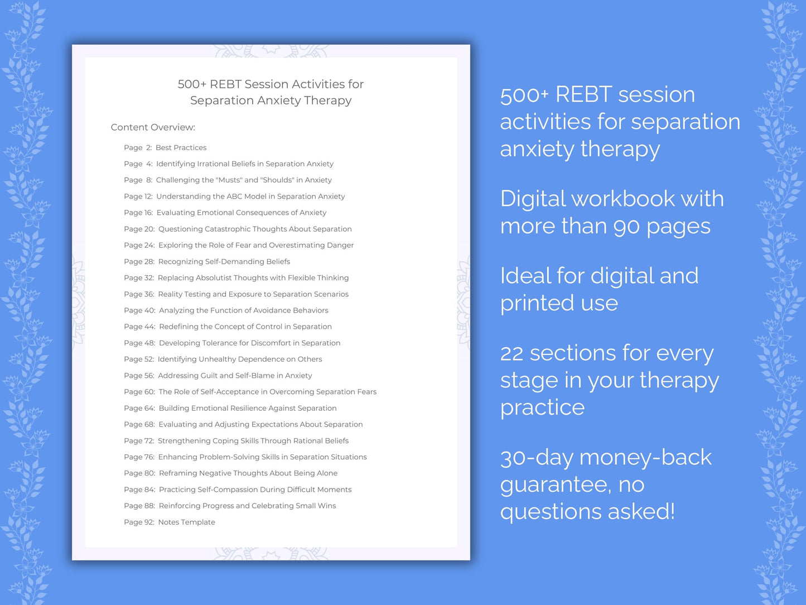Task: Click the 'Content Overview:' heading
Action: (x=153, y=127)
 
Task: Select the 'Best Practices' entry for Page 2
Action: (x=181, y=148)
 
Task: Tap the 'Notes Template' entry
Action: (x=186, y=522)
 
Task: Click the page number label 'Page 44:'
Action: (x=139, y=327)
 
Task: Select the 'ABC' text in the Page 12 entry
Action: (x=234, y=196)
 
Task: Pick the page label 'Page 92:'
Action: (x=139, y=522)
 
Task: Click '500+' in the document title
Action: (x=192, y=84)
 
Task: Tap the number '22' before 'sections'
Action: (x=511, y=353)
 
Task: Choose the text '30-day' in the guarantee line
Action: (x=537, y=458)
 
